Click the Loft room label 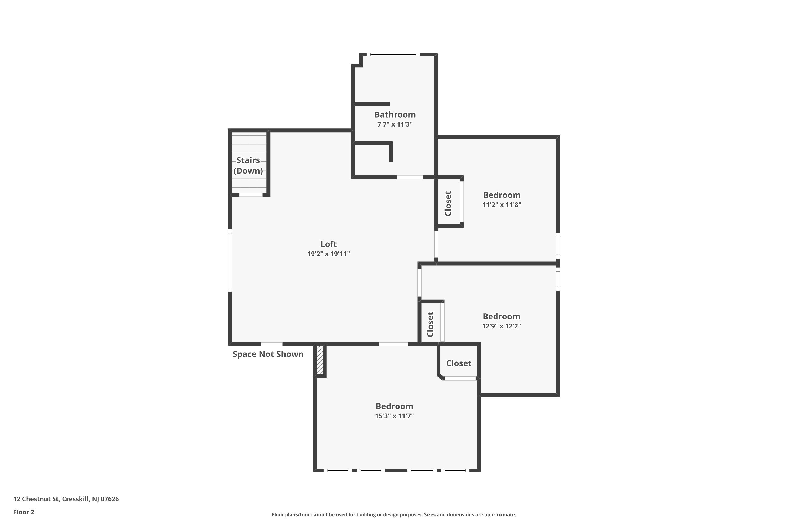[328, 244]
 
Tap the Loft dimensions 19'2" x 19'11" [328, 254]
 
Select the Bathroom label [395, 114]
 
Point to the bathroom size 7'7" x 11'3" [395, 124]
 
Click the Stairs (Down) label [248, 165]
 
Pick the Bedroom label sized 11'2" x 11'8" [501, 195]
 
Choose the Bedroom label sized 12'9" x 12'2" [501, 316]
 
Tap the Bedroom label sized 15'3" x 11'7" [394, 406]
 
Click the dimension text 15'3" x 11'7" [394, 416]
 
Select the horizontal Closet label [459, 363]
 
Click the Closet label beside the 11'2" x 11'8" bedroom [448, 204]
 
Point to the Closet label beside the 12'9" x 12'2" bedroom [431, 324]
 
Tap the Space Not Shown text [268, 354]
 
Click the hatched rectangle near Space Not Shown [320, 360]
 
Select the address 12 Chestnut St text [66, 499]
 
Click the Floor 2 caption [24, 512]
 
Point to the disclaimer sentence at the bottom [394, 514]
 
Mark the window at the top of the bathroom [393, 54]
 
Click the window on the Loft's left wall [230, 260]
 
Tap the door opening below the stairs [251, 195]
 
